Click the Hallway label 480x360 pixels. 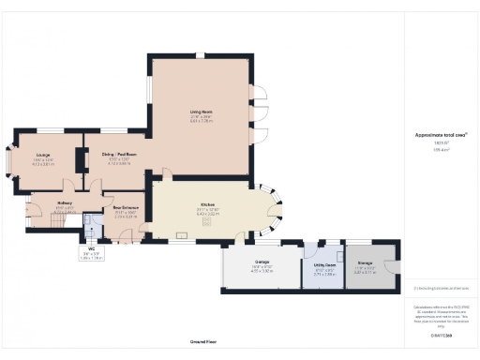click(65, 202)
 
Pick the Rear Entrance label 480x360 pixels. click(126, 208)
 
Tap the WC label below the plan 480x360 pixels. click(92, 248)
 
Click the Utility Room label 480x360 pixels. click(323, 265)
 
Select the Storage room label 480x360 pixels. click(365, 262)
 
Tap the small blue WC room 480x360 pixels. click(92, 227)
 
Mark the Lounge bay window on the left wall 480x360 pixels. click(7, 162)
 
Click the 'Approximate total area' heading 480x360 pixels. click(441, 134)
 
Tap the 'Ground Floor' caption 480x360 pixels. click(203, 342)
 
